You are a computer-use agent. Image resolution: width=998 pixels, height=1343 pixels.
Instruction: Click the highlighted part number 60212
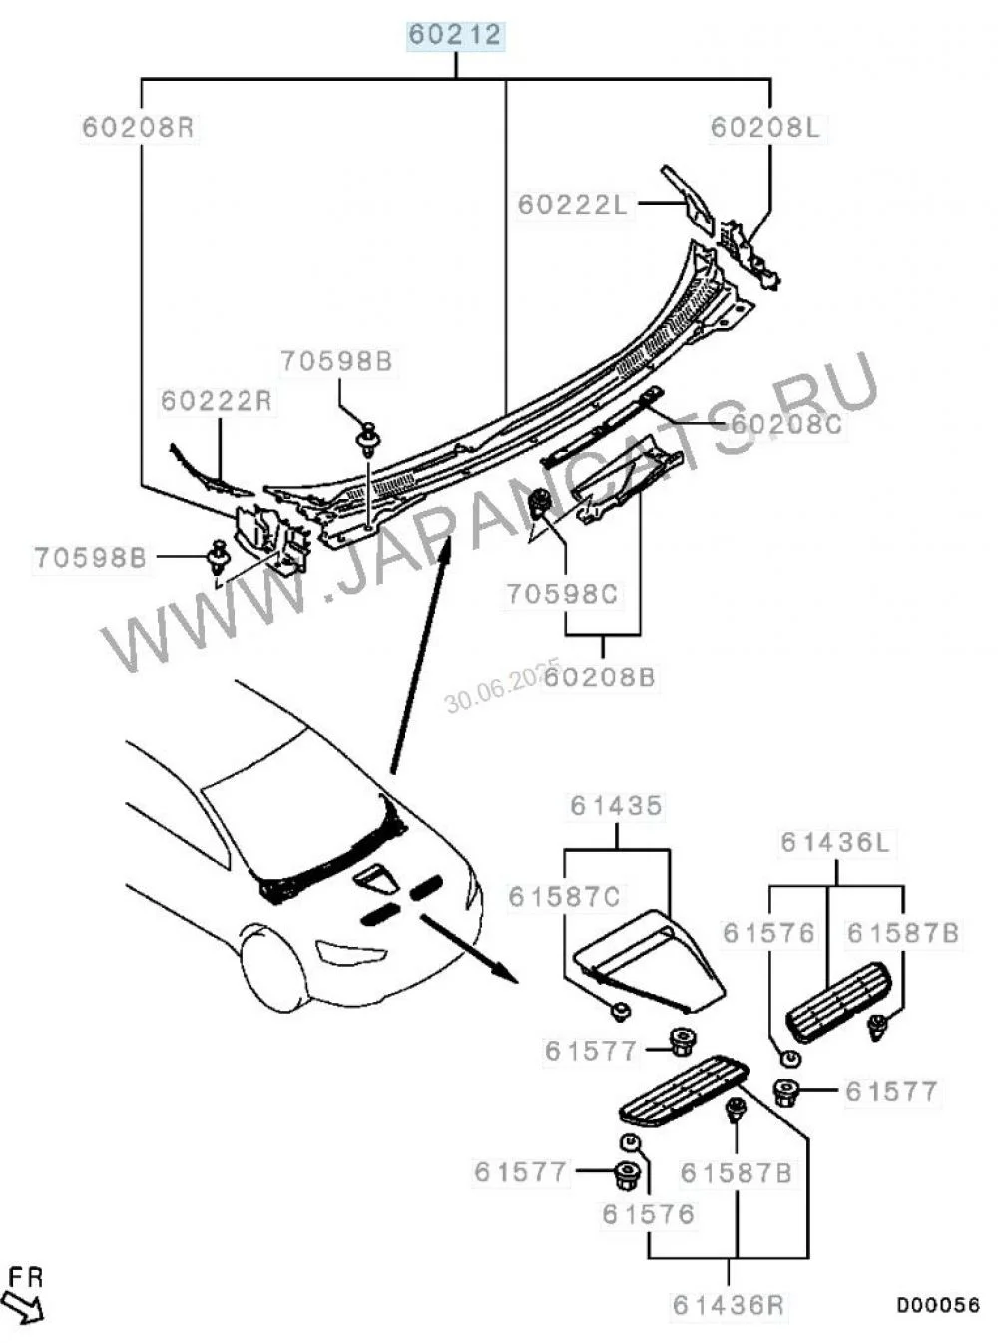[x=455, y=36]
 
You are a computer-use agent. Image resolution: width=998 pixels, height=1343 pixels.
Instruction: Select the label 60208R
[x=138, y=128]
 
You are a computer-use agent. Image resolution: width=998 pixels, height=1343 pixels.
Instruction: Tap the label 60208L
[x=764, y=128]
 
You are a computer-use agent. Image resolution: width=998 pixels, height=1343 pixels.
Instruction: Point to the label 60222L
[x=572, y=204]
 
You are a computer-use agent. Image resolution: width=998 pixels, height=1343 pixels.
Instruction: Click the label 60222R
[x=217, y=401]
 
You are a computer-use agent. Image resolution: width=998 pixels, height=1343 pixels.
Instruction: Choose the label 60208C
[x=786, y=424]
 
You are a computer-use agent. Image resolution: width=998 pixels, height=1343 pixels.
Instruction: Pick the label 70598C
[x=562, y=594]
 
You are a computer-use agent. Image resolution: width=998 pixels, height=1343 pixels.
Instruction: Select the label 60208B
[x=600, y=676]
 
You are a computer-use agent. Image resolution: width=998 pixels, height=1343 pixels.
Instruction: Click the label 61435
[x=617, y=805]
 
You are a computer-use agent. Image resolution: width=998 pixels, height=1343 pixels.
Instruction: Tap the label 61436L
[x=835, y=843]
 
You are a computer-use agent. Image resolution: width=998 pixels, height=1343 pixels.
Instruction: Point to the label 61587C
[x=564, y=897]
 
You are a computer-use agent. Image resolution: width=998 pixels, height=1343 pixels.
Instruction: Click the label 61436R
[x=729, y=1304]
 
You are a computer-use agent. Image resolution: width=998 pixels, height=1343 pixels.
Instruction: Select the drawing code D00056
[x=937, y=1305]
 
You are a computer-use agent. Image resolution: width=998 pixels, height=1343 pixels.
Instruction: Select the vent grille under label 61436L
[x=835, y=1001]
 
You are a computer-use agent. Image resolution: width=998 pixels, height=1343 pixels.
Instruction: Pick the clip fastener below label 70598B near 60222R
[x=370, y=439]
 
